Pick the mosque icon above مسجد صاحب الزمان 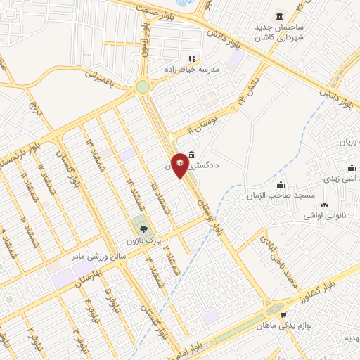281,184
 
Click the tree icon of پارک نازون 143,229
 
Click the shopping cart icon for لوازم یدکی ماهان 284,316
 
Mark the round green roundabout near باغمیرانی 143,86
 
